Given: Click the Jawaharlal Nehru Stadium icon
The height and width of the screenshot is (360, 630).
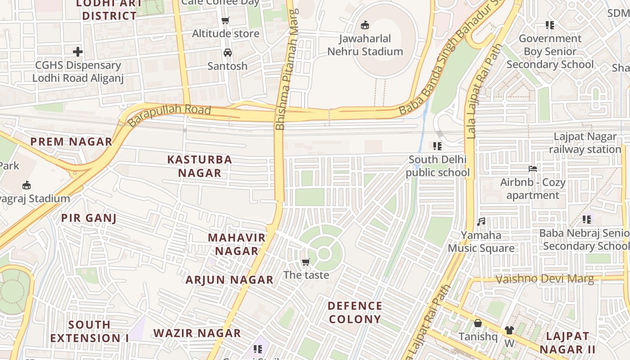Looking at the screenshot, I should point(365,25).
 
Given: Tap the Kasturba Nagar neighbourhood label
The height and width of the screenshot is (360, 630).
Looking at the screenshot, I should point(200,166).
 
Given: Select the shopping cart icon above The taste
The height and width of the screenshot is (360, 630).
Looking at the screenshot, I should point(306,262).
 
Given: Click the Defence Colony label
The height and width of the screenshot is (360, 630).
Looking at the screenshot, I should point(355,313).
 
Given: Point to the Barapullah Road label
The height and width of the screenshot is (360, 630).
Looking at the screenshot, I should point(169,115).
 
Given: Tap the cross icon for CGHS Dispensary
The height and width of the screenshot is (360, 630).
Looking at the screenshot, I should point(78,52).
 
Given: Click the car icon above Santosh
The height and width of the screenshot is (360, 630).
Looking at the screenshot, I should point(228,53).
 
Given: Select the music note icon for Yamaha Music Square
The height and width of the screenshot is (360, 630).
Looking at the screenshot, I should point(481,222).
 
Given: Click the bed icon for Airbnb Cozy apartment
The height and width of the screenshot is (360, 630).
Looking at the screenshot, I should point(533,169).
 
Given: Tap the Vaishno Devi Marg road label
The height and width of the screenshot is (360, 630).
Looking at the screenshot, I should point(544,279).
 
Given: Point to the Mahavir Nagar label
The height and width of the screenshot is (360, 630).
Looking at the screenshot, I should point(236,244).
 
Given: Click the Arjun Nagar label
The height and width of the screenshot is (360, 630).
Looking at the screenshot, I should point(229,280).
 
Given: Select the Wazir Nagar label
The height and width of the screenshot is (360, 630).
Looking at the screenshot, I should point(197,333).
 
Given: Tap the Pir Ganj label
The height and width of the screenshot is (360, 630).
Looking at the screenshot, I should point(89,219).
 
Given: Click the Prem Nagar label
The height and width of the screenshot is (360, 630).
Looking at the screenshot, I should point(71,142).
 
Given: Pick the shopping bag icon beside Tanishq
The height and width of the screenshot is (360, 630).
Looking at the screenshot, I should point(478,323).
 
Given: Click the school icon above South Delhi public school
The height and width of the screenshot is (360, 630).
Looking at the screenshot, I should point(437,146).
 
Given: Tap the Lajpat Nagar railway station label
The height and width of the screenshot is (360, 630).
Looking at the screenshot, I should point(585,143).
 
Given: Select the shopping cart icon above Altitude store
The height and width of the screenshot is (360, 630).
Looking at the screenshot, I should point(225,20).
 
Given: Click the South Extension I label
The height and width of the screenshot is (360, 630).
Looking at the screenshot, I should point(90,331).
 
